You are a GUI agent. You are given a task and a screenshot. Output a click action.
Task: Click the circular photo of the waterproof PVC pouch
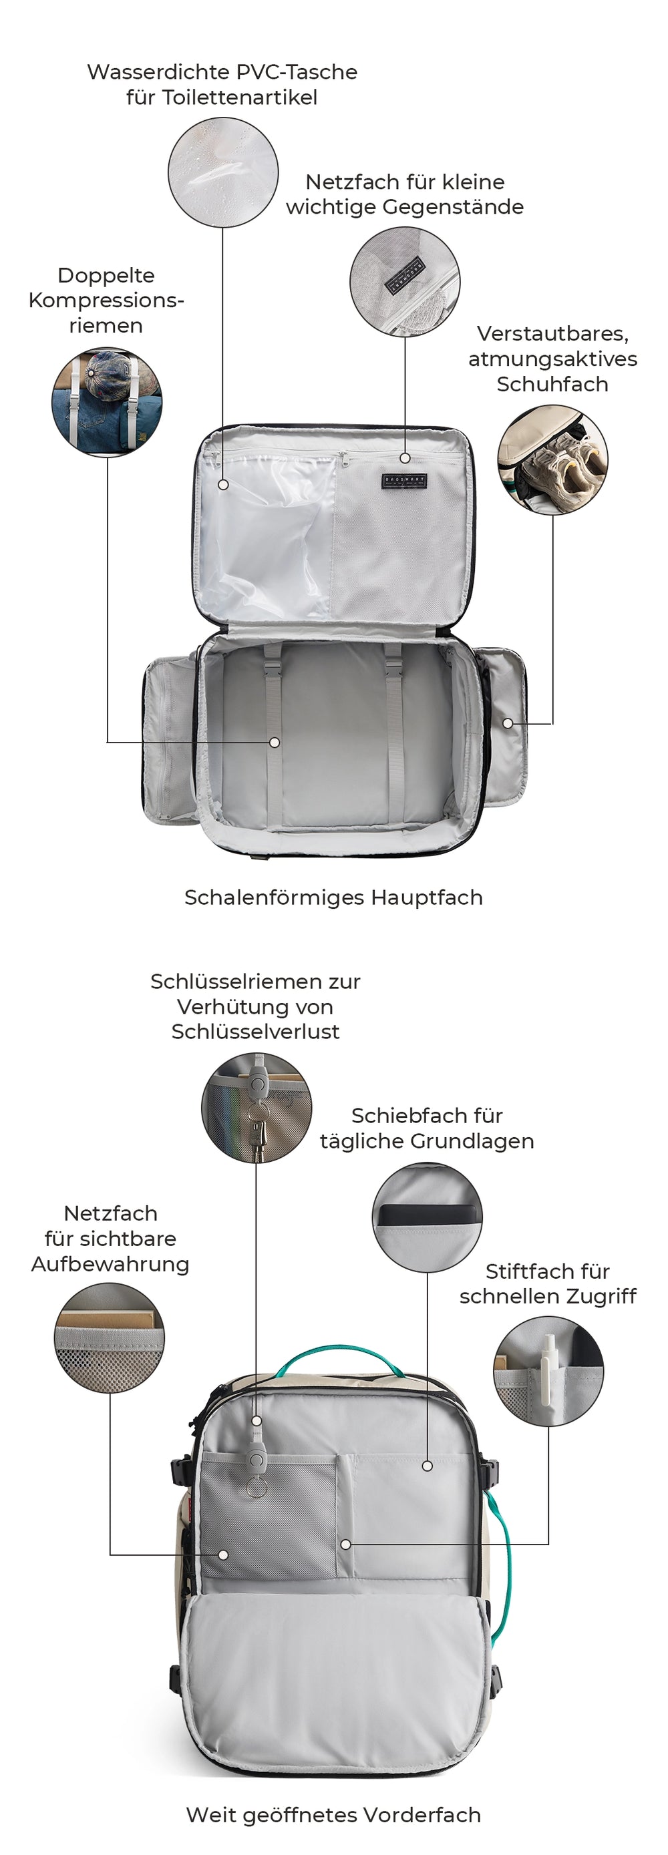[x=222, y=173]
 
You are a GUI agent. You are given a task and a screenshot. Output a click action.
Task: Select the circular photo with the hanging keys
[x=257, y=1108]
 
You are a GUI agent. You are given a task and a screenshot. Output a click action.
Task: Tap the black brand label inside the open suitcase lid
[x=404, y=481]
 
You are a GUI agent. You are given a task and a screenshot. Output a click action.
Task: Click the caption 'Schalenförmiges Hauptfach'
[x=333, y=897]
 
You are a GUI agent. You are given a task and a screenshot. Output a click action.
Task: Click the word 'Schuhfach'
[x=552, y=384]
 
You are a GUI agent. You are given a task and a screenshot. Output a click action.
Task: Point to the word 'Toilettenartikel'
[x=240, y=97]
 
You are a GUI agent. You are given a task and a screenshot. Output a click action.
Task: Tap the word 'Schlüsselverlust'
[x=255, y=1031]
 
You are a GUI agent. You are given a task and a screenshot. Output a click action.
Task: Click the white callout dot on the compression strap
[x=274, y=742]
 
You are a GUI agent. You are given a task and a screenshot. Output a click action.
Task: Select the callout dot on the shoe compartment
[x=508, y=723]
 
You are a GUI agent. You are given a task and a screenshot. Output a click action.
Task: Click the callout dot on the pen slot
[x=346, y=1544]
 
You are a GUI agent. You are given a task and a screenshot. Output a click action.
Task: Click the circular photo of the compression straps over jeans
[x=107, y=401]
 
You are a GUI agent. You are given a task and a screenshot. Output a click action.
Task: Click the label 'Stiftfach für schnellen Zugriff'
[x=548, y=1283]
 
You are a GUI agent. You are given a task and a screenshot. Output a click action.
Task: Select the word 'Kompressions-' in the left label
[x=107, y=300]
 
